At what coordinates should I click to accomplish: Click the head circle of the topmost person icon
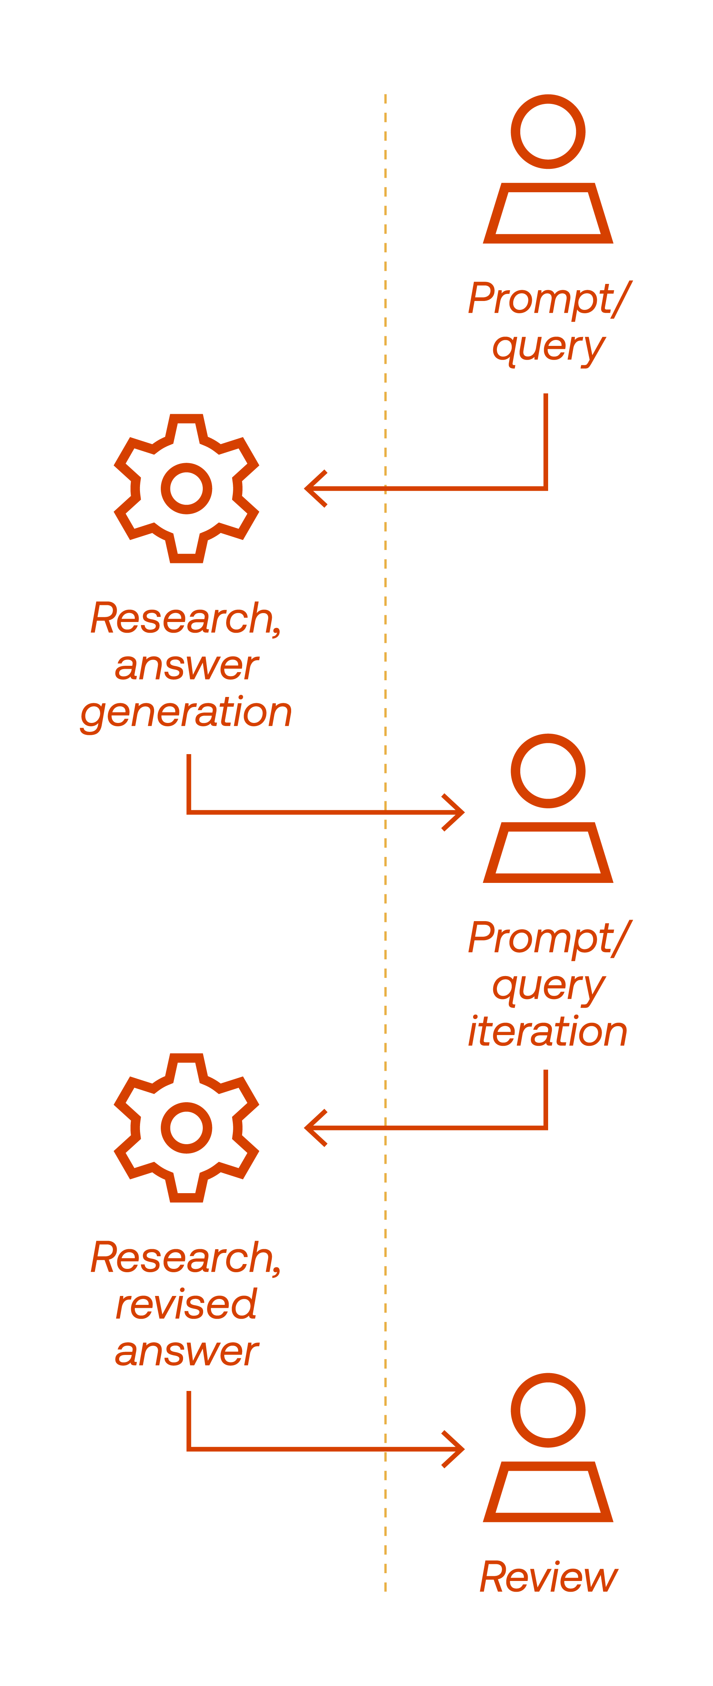(x=548, y=131)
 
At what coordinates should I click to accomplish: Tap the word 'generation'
(x=186, y=713)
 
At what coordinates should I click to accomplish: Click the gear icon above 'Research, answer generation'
(x=186, y=488)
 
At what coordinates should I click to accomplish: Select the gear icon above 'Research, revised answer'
(x=186, y=1128)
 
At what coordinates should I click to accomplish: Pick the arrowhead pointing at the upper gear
(x=316, y=488)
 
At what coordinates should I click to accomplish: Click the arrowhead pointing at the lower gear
(x=316, y=1128)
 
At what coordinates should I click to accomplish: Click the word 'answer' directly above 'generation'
(x=186, y=666)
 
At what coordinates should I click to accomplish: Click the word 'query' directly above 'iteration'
(x=548, y=986)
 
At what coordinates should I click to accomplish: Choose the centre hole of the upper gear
(x=186, y=488)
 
